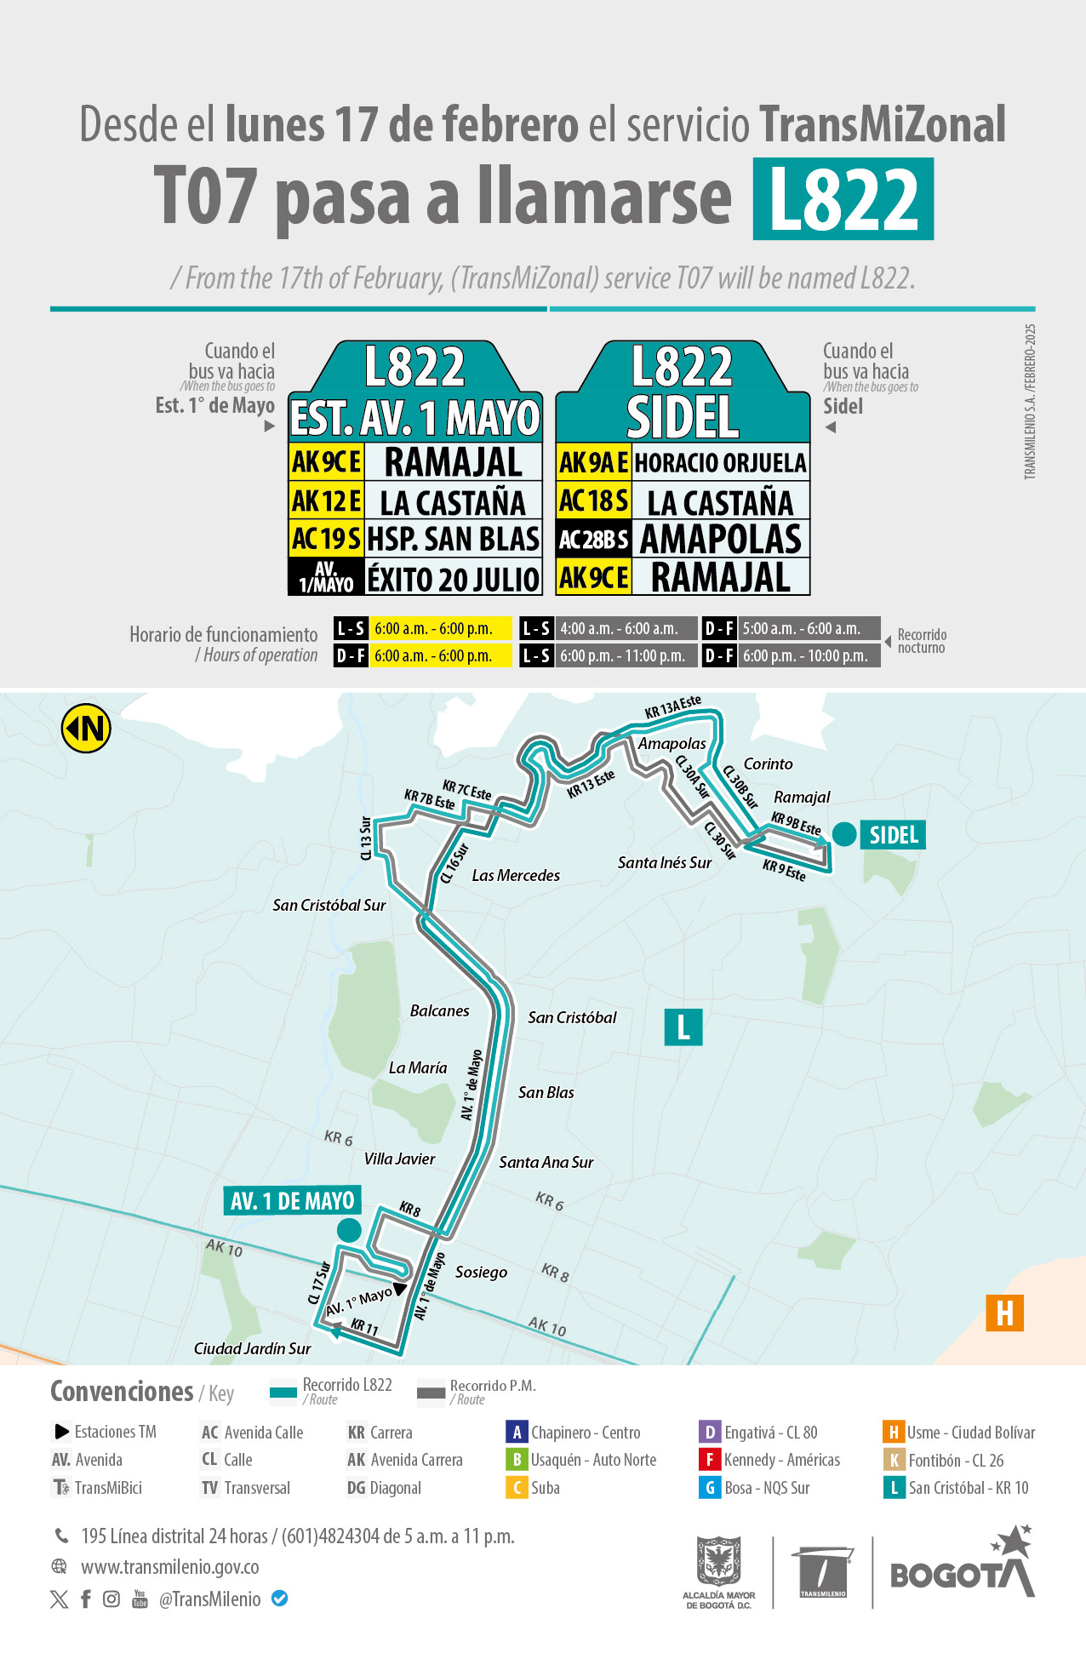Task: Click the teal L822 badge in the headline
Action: (x=843, y=198)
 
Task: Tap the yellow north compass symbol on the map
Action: (x=86, y=729)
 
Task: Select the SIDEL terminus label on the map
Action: (x=893, y=835)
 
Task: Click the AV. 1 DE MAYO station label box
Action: (x=292, y=1201)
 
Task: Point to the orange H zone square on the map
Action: (x=1004, y=1313)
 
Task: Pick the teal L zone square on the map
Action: (x=683, y=1027)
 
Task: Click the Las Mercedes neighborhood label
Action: (x=516, y=875)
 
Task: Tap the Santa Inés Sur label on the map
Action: (x=665, y=862)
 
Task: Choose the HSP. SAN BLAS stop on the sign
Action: (x=453, y=539)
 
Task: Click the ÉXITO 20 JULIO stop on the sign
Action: (x=453, y=579)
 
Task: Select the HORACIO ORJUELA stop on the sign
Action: (x=720, y=462)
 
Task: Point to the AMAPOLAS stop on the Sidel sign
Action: (x=720, y=539)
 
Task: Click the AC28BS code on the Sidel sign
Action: (x=593, y=540)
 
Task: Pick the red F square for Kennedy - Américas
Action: (x=709, y=1460)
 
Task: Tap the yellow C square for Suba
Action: (x=516, y=1488)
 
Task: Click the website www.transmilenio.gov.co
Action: (x=169, y=1567)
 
